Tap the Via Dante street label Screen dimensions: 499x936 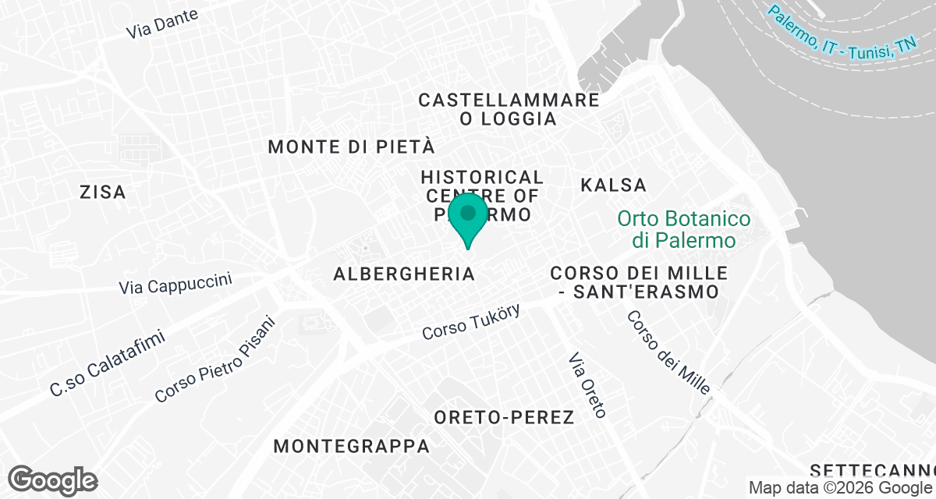tap(162, 23)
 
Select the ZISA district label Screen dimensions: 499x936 tap(103, 192)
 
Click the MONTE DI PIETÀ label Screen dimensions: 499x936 tap(351, 147)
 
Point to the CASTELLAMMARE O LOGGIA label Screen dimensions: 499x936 tap(509, 109)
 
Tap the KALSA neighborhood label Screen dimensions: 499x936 tap(614, 185)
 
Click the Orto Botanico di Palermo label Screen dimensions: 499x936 tap(684, 229)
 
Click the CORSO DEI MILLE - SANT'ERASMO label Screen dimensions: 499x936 tap(639, 283)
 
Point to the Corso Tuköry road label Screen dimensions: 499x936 tap(470, 321)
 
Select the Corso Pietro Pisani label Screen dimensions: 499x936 tap(215, 359)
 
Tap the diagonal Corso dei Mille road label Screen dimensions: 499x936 tap(668, 352)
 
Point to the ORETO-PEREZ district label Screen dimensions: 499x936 tap(504, 417)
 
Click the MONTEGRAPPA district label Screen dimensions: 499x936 tap(352, 446)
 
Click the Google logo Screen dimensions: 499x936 tap(53, 480)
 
